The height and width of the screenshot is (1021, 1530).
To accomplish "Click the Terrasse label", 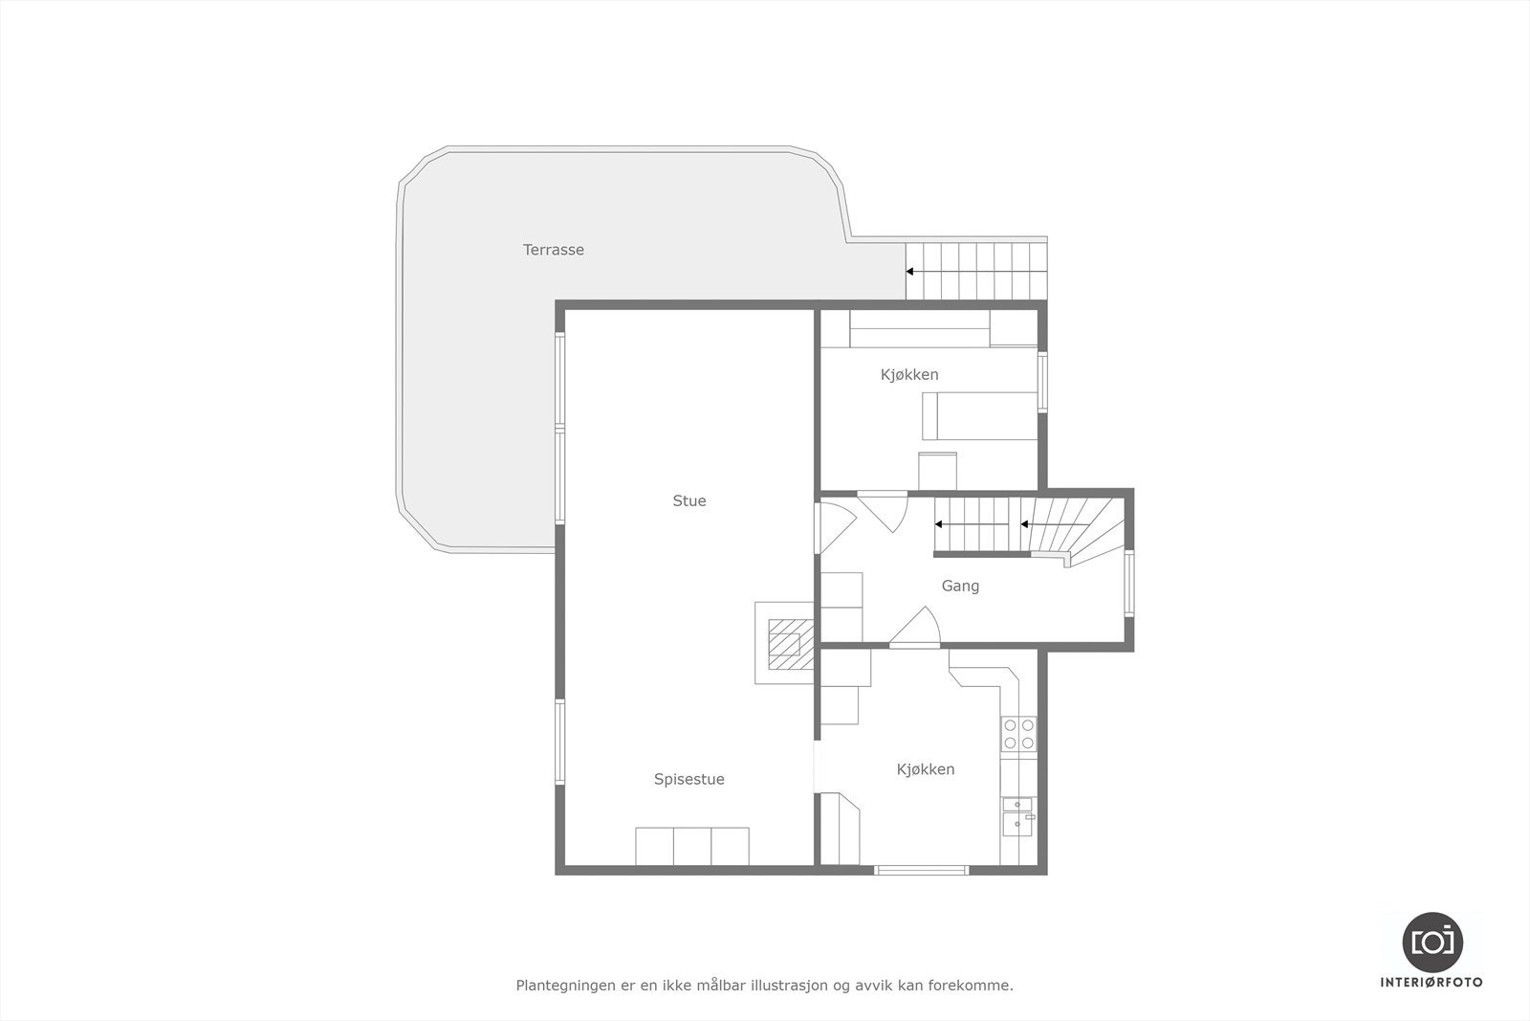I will point(553,250).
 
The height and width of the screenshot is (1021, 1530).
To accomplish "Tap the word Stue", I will point(688,500).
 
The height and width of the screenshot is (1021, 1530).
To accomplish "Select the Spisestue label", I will point(688,779).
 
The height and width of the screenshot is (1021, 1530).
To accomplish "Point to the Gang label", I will point(960,586).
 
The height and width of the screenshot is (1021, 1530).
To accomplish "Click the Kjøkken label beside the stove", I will point(925,769).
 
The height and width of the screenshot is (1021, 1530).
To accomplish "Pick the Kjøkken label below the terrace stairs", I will point(909,374).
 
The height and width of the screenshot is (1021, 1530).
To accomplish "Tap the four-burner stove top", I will point(1018,733).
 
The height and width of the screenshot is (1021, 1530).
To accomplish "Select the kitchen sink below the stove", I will point(1017,816).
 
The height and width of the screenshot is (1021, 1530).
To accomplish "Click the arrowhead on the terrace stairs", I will point(910,272).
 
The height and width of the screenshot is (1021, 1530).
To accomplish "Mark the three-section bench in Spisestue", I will point(692,846).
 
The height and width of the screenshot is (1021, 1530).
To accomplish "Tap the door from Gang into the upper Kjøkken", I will point(885,510).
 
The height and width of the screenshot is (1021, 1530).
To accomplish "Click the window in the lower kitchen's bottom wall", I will point(922,870).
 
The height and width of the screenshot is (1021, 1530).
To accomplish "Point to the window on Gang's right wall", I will point(1129,583).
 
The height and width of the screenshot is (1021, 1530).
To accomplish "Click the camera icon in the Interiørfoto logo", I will point(1432,942).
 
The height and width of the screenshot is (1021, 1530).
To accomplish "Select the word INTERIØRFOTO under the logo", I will point(1432,982).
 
